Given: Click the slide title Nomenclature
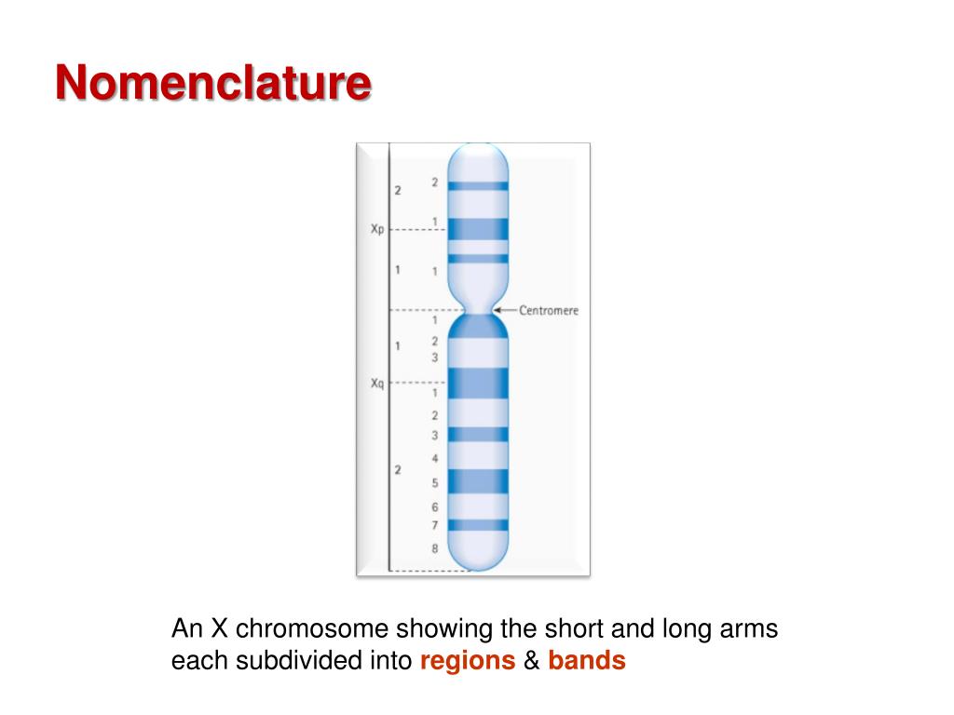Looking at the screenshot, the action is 212,83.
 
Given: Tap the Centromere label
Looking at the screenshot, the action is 549,310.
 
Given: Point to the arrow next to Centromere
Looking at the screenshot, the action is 503,310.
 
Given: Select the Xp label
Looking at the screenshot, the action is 376,229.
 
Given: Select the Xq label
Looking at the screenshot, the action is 376,382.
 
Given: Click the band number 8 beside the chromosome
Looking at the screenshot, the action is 434,548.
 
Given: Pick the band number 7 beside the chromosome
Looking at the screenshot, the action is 434,526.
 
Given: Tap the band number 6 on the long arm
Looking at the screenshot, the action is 434,507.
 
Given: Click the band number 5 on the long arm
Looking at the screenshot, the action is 434,483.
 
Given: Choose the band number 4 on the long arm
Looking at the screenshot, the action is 434,459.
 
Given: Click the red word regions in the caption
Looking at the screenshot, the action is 468,662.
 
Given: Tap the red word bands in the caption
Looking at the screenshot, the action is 586,662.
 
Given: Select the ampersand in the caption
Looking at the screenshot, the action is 531,662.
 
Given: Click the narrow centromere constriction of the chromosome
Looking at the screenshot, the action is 478,309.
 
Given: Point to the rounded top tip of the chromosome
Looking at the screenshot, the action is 478,152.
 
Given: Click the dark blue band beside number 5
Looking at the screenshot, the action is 478,481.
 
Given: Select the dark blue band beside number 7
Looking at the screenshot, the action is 478,525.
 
